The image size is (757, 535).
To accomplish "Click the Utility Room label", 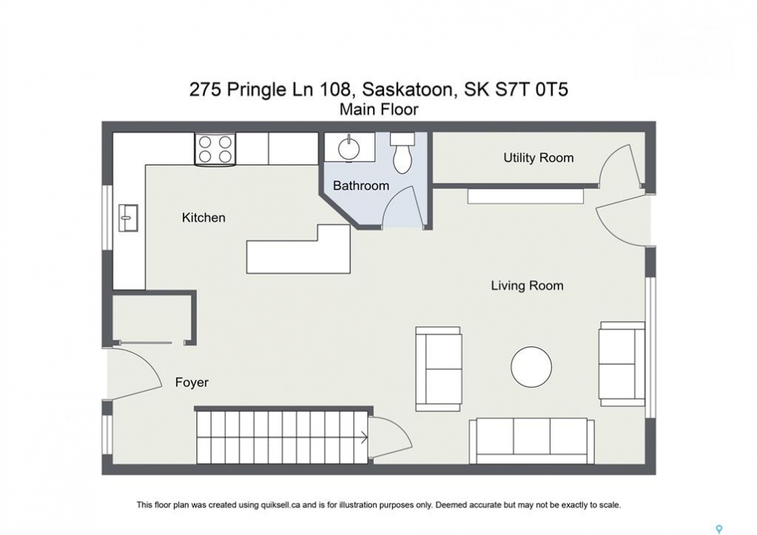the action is (539, 158).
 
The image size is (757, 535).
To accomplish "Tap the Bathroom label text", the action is (360, 186).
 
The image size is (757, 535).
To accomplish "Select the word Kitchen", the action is (204, 218).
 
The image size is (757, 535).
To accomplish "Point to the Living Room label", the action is (527, 286).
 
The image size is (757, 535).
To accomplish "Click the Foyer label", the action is (192, 383).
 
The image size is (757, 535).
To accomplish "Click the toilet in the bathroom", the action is (402, 152).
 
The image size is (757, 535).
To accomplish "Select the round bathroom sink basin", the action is (349, 148).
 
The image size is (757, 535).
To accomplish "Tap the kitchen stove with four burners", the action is (215, 149).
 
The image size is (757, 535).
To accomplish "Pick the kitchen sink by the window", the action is (128, 218).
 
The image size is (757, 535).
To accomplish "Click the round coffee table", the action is (531, 367).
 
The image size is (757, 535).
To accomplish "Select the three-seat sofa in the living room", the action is (532, 441).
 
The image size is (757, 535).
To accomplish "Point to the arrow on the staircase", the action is (364, 438).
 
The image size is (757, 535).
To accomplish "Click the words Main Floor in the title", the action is (379, 110).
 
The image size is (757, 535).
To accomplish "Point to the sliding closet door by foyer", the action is (145, 343).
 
